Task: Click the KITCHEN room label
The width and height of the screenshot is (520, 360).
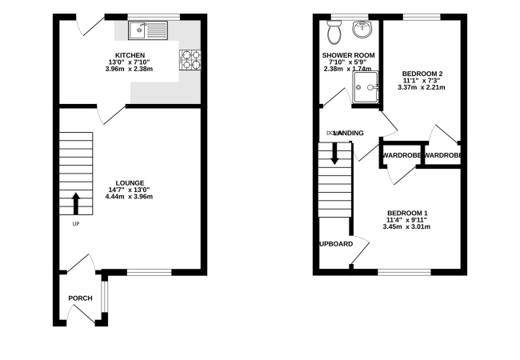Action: tap(106, 55)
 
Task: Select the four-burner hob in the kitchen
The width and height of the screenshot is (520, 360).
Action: tap(190, 58)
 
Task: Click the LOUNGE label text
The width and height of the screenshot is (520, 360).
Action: tap(129, 182)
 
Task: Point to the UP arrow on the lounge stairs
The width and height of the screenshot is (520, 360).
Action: tap(76, 204)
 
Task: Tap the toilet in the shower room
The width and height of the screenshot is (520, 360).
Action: tap(334, 33)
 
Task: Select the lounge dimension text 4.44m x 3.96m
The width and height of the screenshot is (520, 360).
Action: tap(129, 197)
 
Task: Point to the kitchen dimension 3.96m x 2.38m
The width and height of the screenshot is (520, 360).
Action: tap(106, 70)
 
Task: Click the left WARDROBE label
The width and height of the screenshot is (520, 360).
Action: tap(402, 154)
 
